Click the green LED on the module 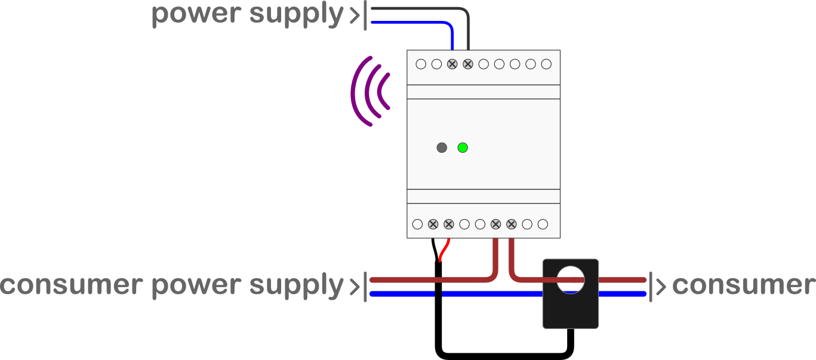(x=463, y=147)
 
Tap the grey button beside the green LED (x=442, y=147)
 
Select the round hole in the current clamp (x=571, y=279)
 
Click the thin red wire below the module (x=443, y=251)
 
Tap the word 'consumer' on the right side (x=743, y=285)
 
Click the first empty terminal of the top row (x=421, y=64)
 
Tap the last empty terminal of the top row (x=546, y=64)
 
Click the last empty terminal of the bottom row (x=543, y=224)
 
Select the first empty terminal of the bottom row (x=417, y=224)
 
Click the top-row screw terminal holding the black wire (x=467, y=64)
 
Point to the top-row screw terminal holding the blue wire (x=452, y=64)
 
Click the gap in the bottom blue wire (x=438, y=294)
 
